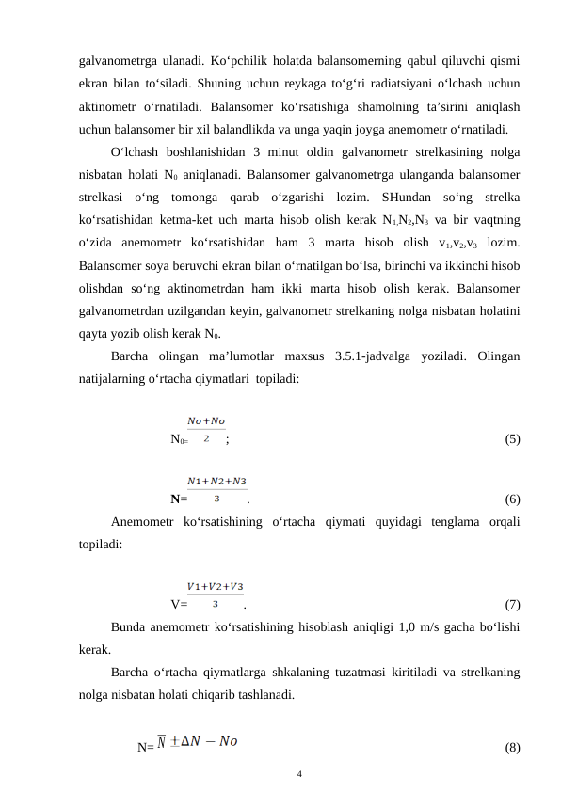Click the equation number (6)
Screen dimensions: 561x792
[513, 499]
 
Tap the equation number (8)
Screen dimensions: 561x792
[513, 748]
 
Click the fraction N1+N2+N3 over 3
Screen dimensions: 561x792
[217, 489]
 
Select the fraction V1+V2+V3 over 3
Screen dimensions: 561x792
[216, 594]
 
